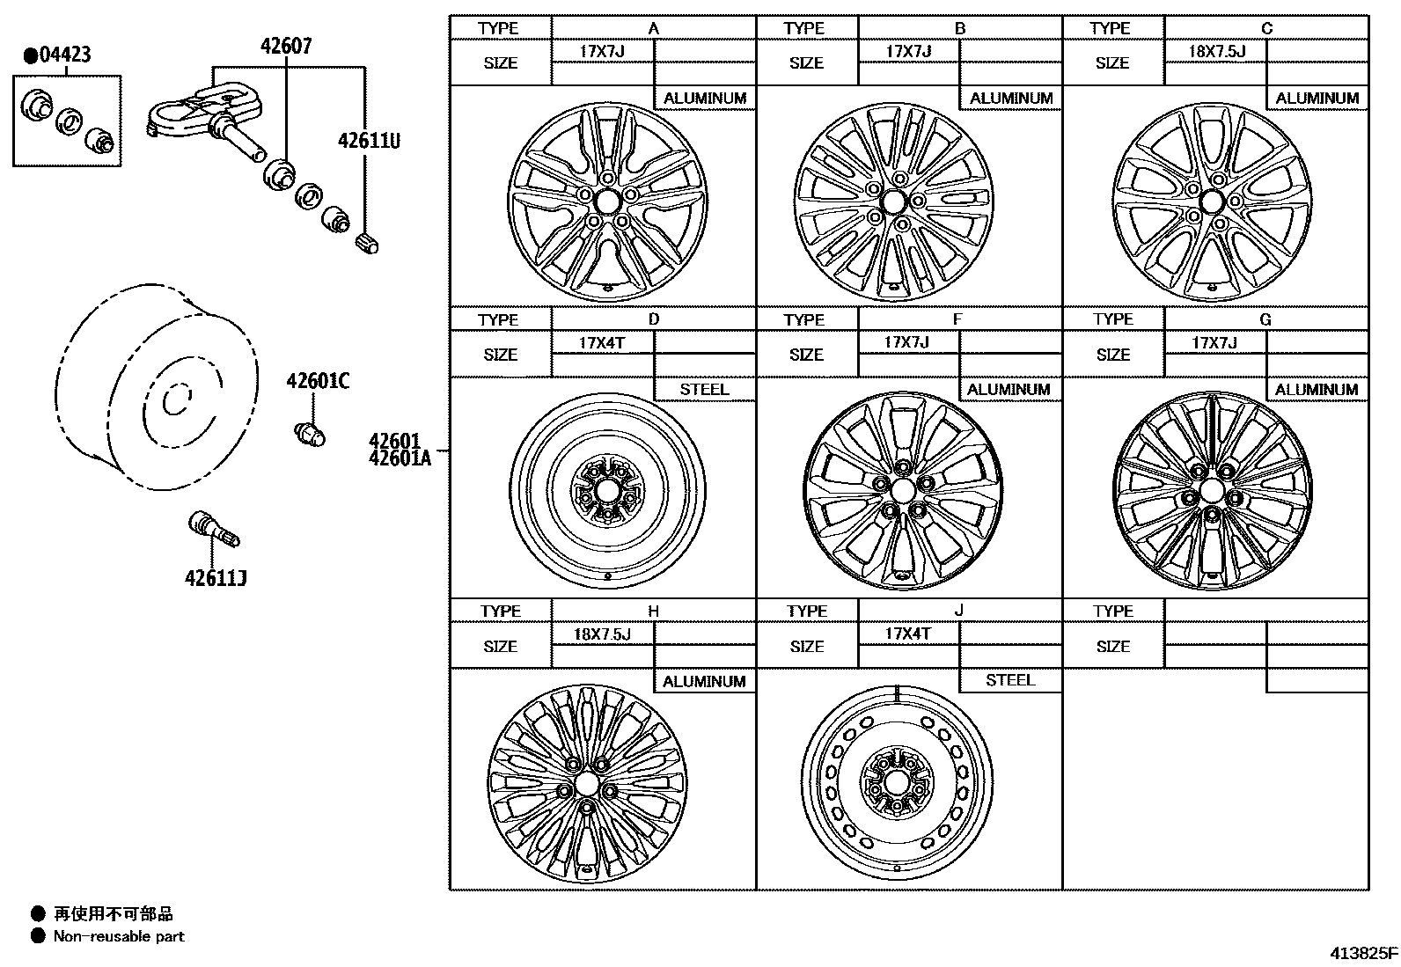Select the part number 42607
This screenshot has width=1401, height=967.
point(285,46)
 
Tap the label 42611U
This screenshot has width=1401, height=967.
point(369,140)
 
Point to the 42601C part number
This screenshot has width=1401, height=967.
point(317,381)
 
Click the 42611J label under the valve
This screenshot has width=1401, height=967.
point(215,577)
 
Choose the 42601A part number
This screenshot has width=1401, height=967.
point(400,457)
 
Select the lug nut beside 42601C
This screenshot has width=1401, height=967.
point(309,432)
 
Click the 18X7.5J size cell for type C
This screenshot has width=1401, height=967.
point(1216,51)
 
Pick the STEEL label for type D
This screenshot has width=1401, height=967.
point(704,389)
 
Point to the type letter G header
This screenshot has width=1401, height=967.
point(1265,319)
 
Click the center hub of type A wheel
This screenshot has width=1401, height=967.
point(606,201)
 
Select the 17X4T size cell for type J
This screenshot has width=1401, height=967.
point(907,634)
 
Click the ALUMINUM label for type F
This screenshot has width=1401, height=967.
point(1009,389)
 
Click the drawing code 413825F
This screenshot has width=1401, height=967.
point(1362,953)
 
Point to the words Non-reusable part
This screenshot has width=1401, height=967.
point(119,936)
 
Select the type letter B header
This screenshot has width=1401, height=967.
point(959,28)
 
